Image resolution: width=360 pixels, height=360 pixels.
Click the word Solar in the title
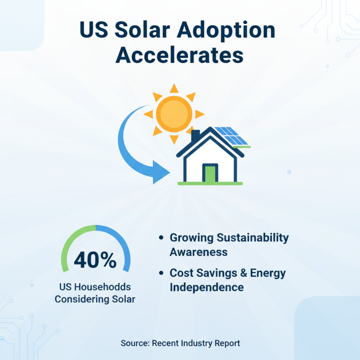click(150, 31)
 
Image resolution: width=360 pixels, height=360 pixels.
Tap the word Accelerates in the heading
click(180, 56)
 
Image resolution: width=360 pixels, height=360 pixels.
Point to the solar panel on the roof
click(230, 136)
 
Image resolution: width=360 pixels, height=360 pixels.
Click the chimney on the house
click(195, 135)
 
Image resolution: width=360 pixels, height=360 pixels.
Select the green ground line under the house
click(210, 184)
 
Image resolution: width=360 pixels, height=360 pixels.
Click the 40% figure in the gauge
click(95, 260)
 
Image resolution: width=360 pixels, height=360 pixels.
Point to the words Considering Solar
click(95, 299)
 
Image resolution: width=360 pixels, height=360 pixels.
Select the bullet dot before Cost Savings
click(161, 273)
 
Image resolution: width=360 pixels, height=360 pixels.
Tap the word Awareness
click(198, 252)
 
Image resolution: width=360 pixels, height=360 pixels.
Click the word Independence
click(207, 287)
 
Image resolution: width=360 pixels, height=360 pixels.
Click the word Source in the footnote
click(134, 343)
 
